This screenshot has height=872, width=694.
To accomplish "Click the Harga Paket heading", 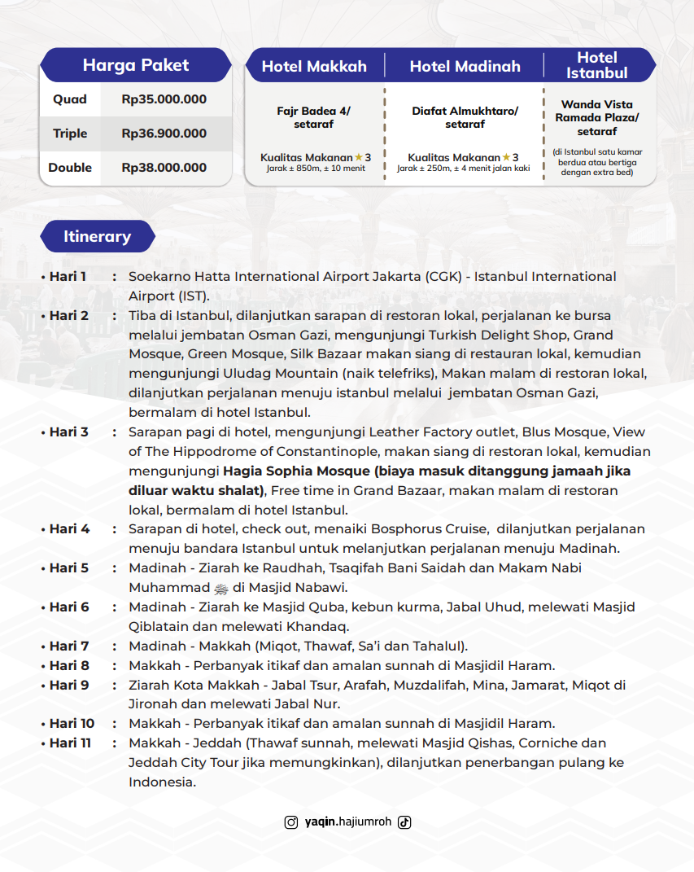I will click(x=136, y=65).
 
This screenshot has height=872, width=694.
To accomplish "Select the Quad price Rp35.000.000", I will click(x=164, y=99).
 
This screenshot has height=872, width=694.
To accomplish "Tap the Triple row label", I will click(x=70, y=134).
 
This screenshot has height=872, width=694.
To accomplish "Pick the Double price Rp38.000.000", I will click(x=164, y=168).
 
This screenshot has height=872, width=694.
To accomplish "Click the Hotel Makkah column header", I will click(x=314, y=67).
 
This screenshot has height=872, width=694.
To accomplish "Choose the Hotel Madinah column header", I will click(x=465, y=67).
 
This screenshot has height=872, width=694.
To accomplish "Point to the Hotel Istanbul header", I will click(x=597, y=65).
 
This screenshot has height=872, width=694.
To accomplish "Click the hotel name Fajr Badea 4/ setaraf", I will click(x=313, y=117).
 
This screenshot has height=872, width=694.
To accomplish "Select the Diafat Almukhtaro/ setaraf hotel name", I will click(x=465, y=117).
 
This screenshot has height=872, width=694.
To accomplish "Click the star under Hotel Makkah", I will click(x=359, y=157).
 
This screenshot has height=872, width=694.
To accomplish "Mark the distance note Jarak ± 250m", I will click(x=463, y=169).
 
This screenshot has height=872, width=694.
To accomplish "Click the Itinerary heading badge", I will click(x=97, y=237).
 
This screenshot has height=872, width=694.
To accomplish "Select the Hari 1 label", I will click(x=68, y=277).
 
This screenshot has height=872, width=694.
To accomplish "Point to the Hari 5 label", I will click(x=68, y=567).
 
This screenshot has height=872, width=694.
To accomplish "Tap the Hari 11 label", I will click(x=71, y=743).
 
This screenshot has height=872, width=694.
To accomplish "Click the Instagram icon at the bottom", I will click(x=290, y=822).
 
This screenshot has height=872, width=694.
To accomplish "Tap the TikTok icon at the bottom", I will click(x=404, y=822).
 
